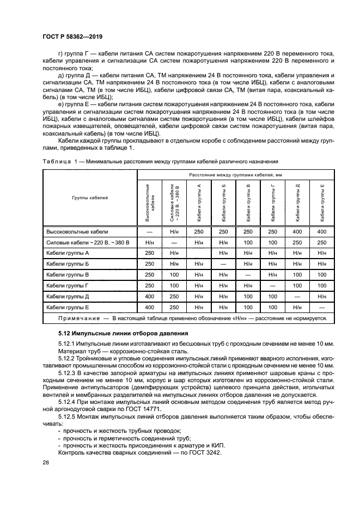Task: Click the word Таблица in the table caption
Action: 56,162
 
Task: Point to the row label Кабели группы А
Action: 68,253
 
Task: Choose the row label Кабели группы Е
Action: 68,308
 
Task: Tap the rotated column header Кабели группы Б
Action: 224,203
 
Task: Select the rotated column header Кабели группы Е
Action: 322,203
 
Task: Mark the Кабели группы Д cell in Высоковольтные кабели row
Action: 297,231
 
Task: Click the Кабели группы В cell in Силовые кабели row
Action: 248,242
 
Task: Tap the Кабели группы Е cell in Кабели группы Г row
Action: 322,286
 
